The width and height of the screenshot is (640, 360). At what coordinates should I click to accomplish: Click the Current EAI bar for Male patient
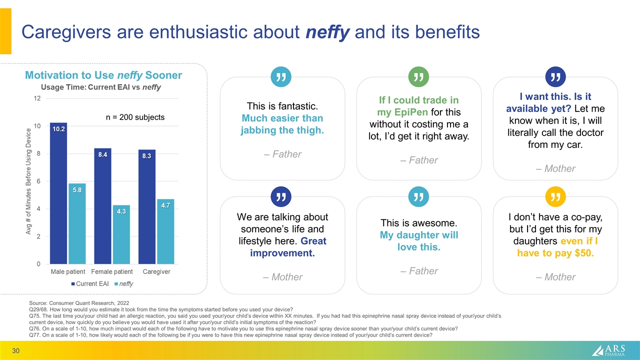(58, 195)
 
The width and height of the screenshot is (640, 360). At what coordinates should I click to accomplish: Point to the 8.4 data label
(102, 155)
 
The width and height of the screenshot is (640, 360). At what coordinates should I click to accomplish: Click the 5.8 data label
(77, 190)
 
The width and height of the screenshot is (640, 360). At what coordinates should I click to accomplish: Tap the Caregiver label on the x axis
(157, 271)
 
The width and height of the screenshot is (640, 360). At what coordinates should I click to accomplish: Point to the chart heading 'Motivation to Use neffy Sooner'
(103, 75)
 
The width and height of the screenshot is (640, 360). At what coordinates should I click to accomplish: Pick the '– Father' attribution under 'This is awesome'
(419, 271)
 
